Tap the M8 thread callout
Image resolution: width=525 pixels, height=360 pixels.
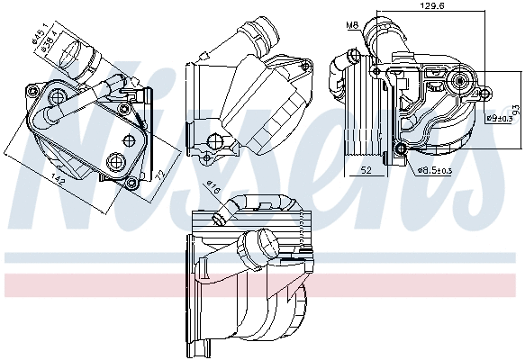[x=353, y=24]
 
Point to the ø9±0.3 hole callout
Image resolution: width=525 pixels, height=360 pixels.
[x=499, y=119]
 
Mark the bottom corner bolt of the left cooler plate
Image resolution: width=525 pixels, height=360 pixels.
[x=132, y=184]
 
